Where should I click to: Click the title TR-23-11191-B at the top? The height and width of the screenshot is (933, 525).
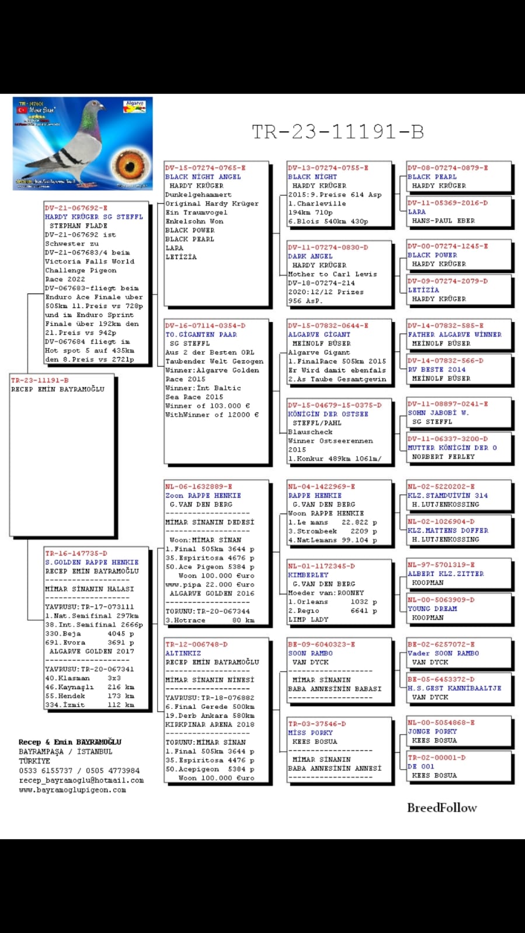coord(338,132)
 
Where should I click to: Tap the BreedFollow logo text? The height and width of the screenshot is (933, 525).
coord(441,808)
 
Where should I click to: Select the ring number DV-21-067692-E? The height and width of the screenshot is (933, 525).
coord(76,208)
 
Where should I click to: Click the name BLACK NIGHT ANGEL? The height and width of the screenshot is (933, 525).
coord(203,177)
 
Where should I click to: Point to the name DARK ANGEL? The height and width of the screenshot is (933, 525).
coord(310,256)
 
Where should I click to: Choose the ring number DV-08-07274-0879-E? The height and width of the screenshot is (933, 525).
coord(447,168)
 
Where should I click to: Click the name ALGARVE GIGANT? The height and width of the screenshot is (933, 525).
coord(319,335)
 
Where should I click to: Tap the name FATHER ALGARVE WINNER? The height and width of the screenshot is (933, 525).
coord(454,335)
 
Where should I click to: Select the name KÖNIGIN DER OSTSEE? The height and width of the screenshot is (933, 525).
coord(328,414)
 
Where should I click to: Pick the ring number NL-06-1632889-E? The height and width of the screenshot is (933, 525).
coord(199,487)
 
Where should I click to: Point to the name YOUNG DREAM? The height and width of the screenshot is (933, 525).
coord(432,609)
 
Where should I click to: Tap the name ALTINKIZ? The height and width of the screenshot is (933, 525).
coord(183,654)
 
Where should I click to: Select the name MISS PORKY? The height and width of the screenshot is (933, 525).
coord(310,733)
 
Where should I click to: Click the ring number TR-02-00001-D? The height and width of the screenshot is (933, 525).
coord(436,757)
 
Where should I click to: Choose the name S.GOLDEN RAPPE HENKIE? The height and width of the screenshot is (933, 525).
coord(92,562)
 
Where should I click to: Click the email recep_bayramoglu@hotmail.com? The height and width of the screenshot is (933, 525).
coord(81,780)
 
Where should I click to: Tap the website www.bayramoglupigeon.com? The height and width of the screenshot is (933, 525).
coord(72,790)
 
